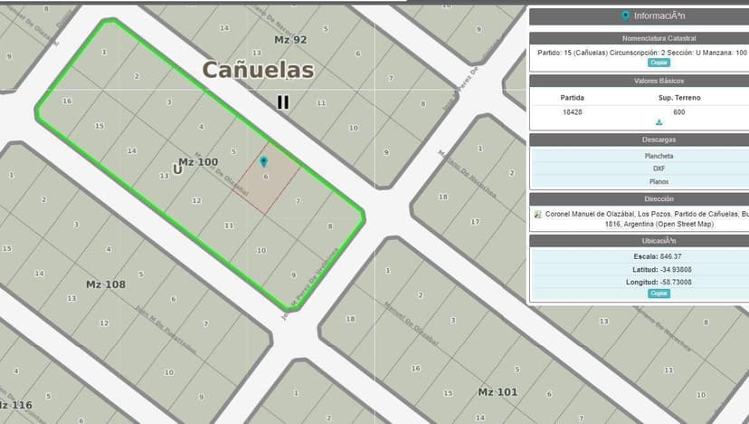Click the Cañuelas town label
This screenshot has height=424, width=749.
click(258, 70)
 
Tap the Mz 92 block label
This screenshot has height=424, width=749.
click(290, 40)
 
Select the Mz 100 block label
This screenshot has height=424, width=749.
click(198, 162)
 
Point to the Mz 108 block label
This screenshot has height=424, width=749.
click(106, 284)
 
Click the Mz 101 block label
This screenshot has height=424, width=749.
click(498, 391)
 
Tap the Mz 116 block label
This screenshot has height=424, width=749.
click(15, 405)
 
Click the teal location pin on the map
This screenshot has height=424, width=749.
click(263, 162)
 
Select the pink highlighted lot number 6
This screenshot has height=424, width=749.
click(266, 178)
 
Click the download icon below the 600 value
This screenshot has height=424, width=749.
click(659, 123)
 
